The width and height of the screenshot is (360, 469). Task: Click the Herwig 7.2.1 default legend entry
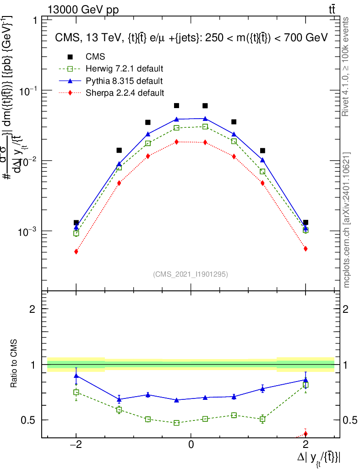(x=124, y=69)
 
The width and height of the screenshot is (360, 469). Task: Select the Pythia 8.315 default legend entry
(x=124, y=81)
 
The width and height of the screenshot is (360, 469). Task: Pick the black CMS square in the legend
(x=70, y=57)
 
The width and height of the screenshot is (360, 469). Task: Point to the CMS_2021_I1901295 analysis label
(x=191, y=274)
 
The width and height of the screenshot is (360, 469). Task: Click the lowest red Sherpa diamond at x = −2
(x=76, y=251)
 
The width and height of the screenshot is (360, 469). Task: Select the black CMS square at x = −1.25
(x=119, y=150)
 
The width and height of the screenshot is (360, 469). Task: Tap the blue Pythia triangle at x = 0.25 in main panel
(x=205, y=119)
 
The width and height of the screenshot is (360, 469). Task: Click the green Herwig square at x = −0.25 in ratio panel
(x=176, y=423)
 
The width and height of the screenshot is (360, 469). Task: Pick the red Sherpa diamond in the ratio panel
(x=305, y=434)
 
